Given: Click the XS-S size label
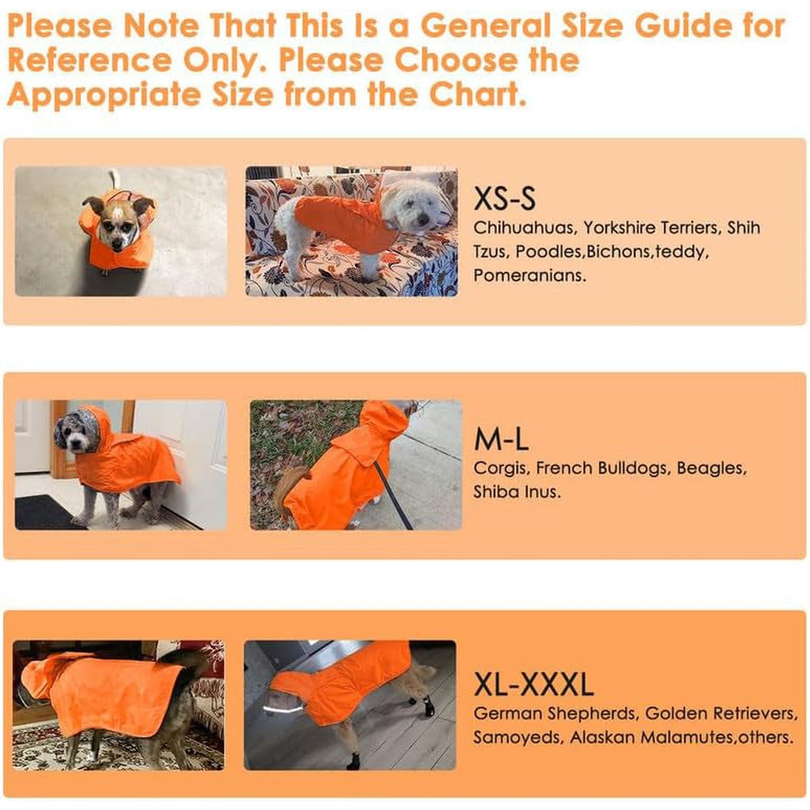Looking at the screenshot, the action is pos(504,198).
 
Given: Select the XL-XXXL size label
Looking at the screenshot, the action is pos(534,684).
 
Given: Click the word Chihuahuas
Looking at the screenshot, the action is pos(524,228).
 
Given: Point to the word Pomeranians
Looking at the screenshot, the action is pos(530,276).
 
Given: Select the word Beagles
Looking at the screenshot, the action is pos(712,469).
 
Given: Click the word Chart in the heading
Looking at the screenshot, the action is pos(478,95).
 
